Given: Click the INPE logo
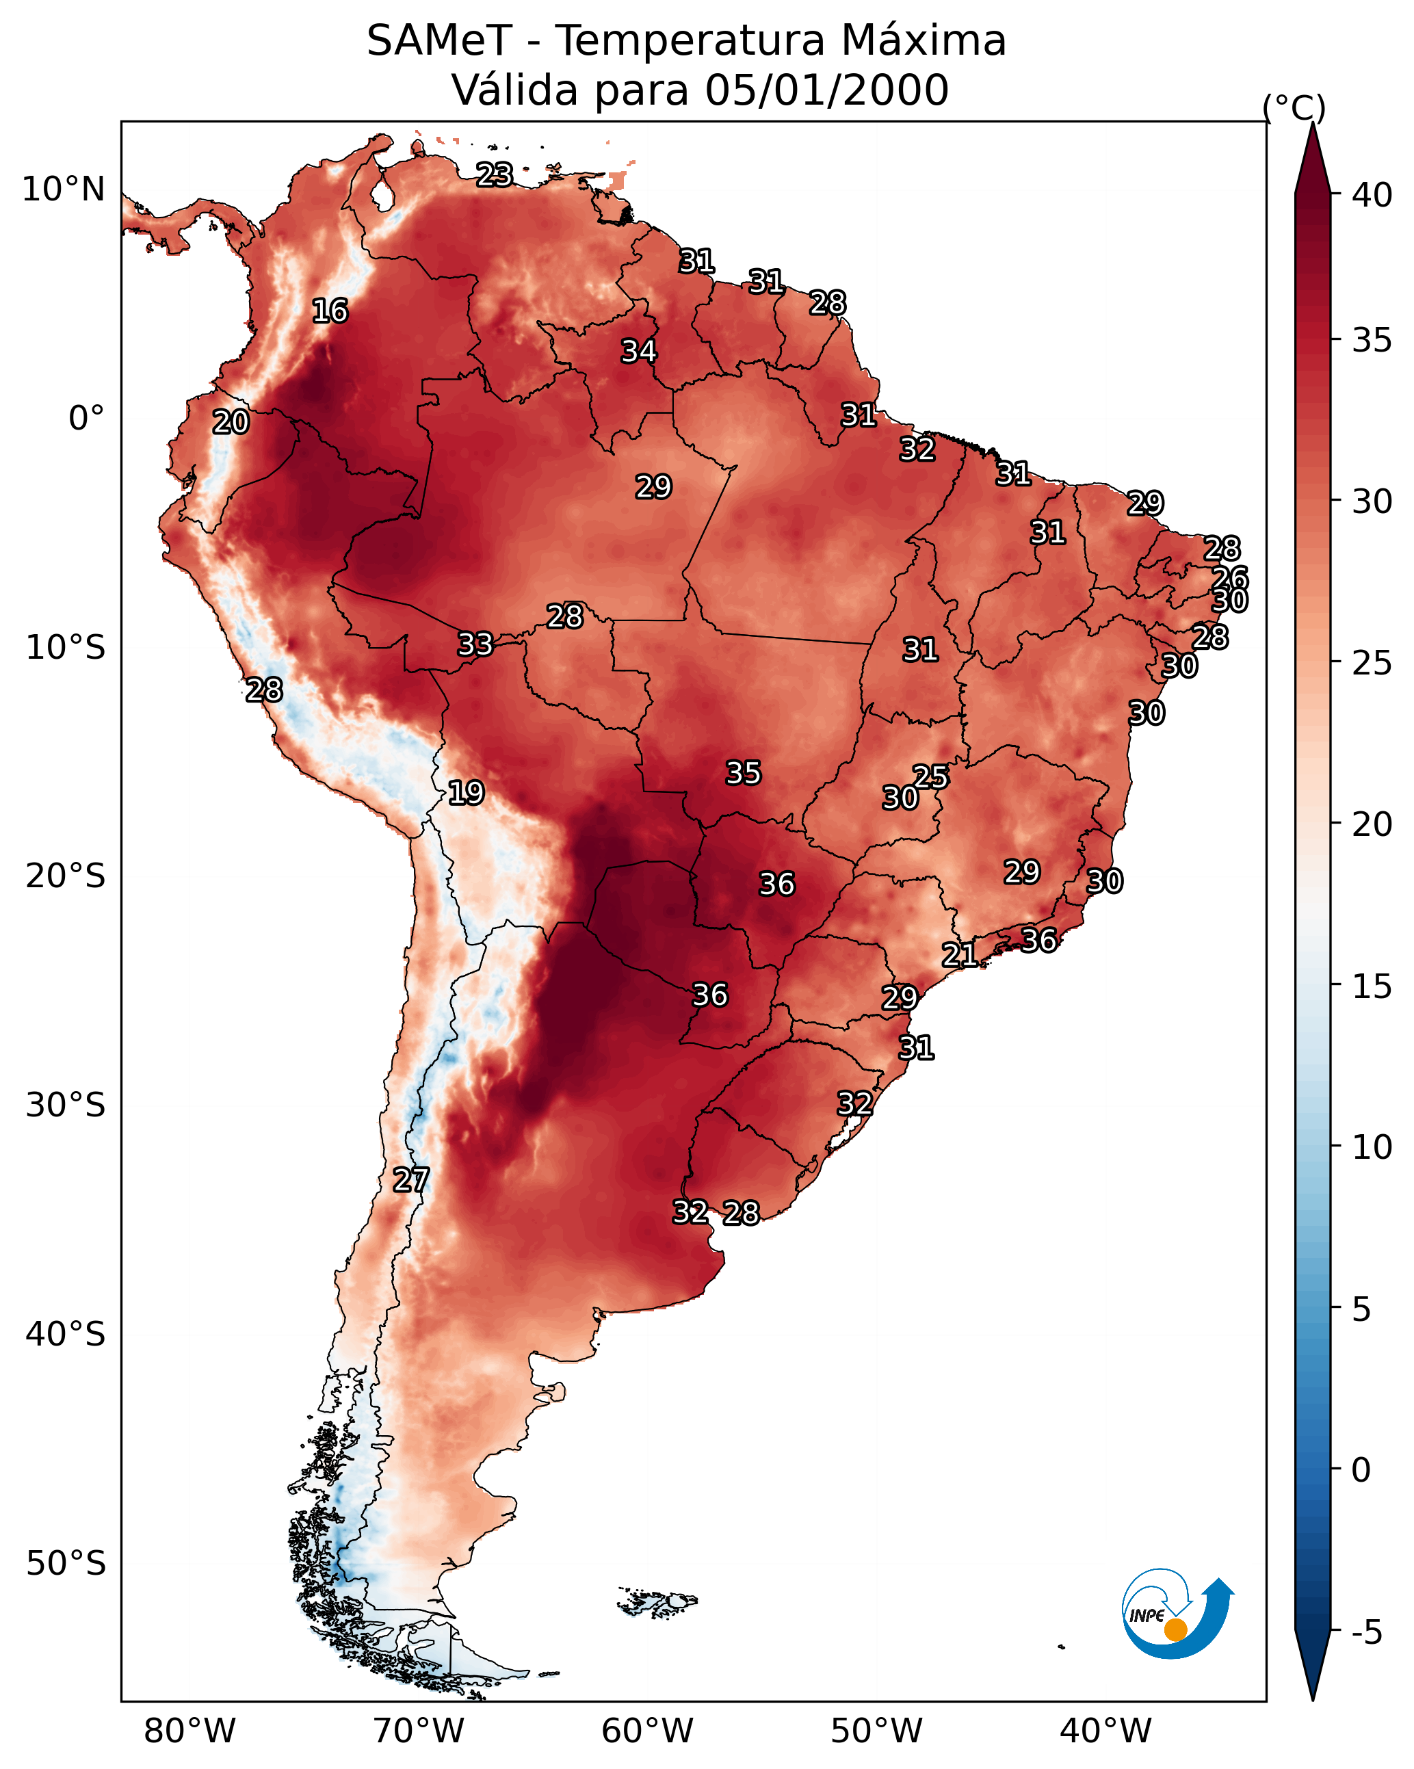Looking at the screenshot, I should pos(1176,1615).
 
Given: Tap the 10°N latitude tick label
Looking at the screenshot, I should pos(63,189).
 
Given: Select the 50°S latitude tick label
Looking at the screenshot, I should pos(66,1564).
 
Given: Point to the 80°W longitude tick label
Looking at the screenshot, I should pos(189,1731).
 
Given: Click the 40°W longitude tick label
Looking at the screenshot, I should pos(1105,1731).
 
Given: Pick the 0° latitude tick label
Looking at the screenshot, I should pos(86,419).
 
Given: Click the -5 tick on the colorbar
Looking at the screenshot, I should pos(1366,1633).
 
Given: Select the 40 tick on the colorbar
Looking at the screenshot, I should pos(1372,195).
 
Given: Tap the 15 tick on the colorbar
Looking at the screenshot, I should pos(1372,986).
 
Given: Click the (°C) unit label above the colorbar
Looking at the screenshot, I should pos(1294,107).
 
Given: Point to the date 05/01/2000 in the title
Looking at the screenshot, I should pos(826,90).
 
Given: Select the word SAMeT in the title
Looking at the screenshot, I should pos(439,41).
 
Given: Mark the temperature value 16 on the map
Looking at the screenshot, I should pos(330,311).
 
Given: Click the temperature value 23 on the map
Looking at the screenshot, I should pos(495,174).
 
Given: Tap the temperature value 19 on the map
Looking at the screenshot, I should pos(466,794).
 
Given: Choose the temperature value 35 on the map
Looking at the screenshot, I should pos(744,773).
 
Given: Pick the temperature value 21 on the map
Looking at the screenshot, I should pos(959,955).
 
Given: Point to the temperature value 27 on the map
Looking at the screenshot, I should pos(411,1181).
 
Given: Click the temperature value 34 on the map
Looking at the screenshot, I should pos(638,351).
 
